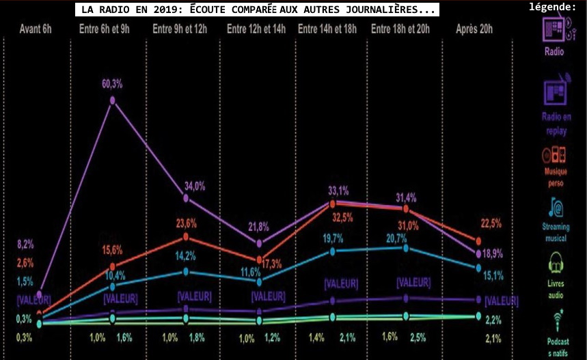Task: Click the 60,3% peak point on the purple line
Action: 113,100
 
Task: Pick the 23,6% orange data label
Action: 186,223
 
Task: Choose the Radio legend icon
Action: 554,27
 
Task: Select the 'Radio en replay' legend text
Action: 556,123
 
